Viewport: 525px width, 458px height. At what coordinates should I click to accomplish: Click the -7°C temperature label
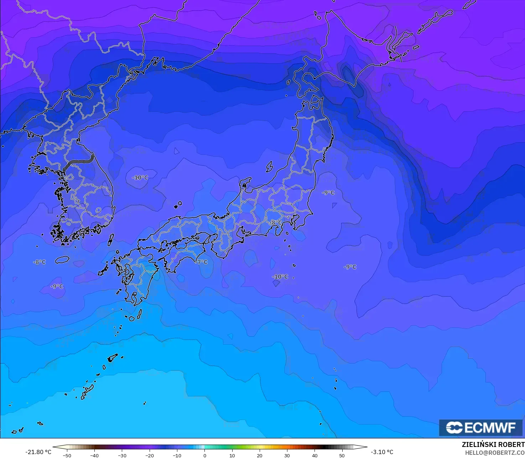[x=202, y=262]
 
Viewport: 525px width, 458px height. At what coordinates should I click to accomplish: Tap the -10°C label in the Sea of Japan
[x=140, y=178]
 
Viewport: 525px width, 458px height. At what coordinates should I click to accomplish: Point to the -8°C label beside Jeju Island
[x=40, y=262]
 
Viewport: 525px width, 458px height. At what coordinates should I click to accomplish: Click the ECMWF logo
[x=480, y=428]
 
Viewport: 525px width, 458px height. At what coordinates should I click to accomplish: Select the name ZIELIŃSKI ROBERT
[x=493, y=444]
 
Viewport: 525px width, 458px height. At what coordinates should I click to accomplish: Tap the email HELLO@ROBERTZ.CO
[x=495, y=453]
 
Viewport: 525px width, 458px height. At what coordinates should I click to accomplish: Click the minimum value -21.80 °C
[x=38, y=452]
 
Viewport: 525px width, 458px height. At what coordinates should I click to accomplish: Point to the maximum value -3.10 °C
[x=382, y=452]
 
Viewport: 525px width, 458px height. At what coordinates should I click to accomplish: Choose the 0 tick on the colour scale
[x=204, y=455]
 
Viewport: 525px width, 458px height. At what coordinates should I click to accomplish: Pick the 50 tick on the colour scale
[x=342, y=455]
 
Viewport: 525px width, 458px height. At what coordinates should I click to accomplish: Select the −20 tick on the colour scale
[x=149, y=455]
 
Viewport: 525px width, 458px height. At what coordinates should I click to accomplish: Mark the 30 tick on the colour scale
[x=287, y=455]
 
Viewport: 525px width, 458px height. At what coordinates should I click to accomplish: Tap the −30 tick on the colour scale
[x=122, y=455]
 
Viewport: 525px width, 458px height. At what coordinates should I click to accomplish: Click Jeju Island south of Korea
[x=62, y=259]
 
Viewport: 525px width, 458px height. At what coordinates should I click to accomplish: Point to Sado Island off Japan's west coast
[x=269, y=167]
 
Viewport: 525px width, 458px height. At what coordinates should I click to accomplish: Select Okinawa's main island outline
[x=87, y=391]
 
